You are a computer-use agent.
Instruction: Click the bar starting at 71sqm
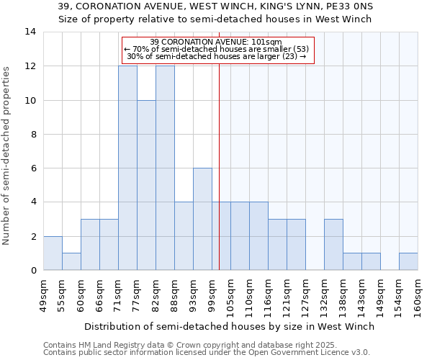(x=127, y=168)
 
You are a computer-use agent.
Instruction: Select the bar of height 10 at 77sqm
(x=146, y=185)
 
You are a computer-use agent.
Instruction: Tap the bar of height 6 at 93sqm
(x=202, y=219)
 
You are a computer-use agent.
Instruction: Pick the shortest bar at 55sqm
(x=71, y=261)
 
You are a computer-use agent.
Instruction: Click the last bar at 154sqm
(x=408, y=261)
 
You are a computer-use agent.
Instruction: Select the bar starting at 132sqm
(x=333, y=244)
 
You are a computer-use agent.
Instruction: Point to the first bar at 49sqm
(x=53, y=253)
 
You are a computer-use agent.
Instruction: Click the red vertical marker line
(x=219, y=180)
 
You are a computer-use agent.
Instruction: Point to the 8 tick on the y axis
(x=33, y=135)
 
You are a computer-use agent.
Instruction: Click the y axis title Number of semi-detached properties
(x=6, y=156)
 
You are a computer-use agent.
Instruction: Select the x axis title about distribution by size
(x=229, y=326)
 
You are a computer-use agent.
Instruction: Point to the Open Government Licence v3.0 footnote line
(x=207, y=353)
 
